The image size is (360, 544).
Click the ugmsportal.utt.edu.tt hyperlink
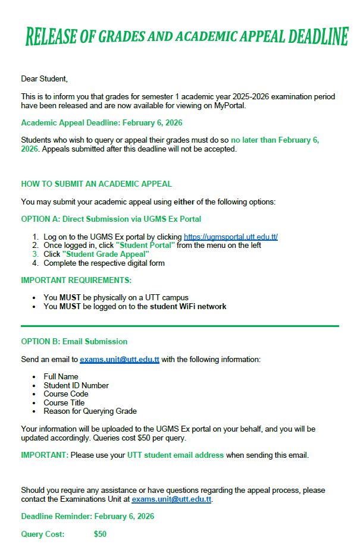230,237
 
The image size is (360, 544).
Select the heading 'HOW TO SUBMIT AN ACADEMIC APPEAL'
96,184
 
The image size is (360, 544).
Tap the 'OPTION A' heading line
111,219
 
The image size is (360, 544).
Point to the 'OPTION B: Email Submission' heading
74,341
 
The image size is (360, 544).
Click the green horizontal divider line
180,326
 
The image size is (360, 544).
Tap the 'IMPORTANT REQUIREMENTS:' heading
76,280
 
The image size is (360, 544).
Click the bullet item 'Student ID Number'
76,385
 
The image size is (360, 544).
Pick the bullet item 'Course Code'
66,394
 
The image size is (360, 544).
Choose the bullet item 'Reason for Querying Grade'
90,411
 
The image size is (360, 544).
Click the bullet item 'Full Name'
61,376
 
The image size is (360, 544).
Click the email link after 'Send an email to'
120,359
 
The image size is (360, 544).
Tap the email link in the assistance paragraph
171,499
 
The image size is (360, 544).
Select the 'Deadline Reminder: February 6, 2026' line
87,516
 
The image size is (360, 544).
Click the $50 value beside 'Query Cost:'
100,534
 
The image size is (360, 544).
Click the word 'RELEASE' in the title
51,37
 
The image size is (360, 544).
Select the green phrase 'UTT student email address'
175,455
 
